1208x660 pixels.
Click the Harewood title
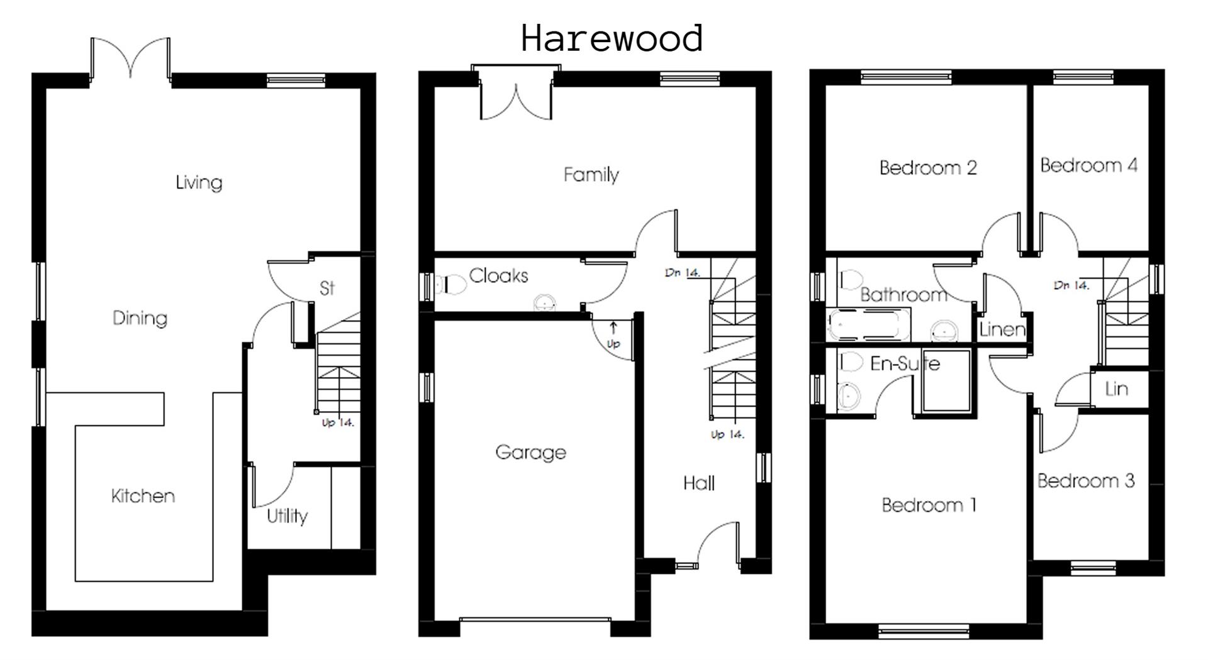coord(612,38)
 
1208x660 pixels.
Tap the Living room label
coord(199,182)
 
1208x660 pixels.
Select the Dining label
coord(140,318)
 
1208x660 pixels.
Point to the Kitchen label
coord(143,496)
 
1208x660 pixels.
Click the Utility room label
coord(287,516)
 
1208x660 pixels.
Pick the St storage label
coord(327,288)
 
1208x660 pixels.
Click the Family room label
coord(591,174)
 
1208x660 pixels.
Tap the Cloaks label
coord(498,275)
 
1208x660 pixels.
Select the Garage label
coord(530,452)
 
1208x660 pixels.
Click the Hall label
coord(699,483)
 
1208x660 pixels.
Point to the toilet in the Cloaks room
coord(452,285)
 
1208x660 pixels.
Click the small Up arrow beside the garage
coord(613,327)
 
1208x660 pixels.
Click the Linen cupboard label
coord(1002,329)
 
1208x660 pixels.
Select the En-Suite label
coord(905,363)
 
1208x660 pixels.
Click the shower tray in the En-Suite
coord(946,382)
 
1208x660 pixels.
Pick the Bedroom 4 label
coord(1088,165)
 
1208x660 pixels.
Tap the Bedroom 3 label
coord(1086,481)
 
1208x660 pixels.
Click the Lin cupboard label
coord(1116,389)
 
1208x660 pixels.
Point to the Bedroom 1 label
coord(929,505)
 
